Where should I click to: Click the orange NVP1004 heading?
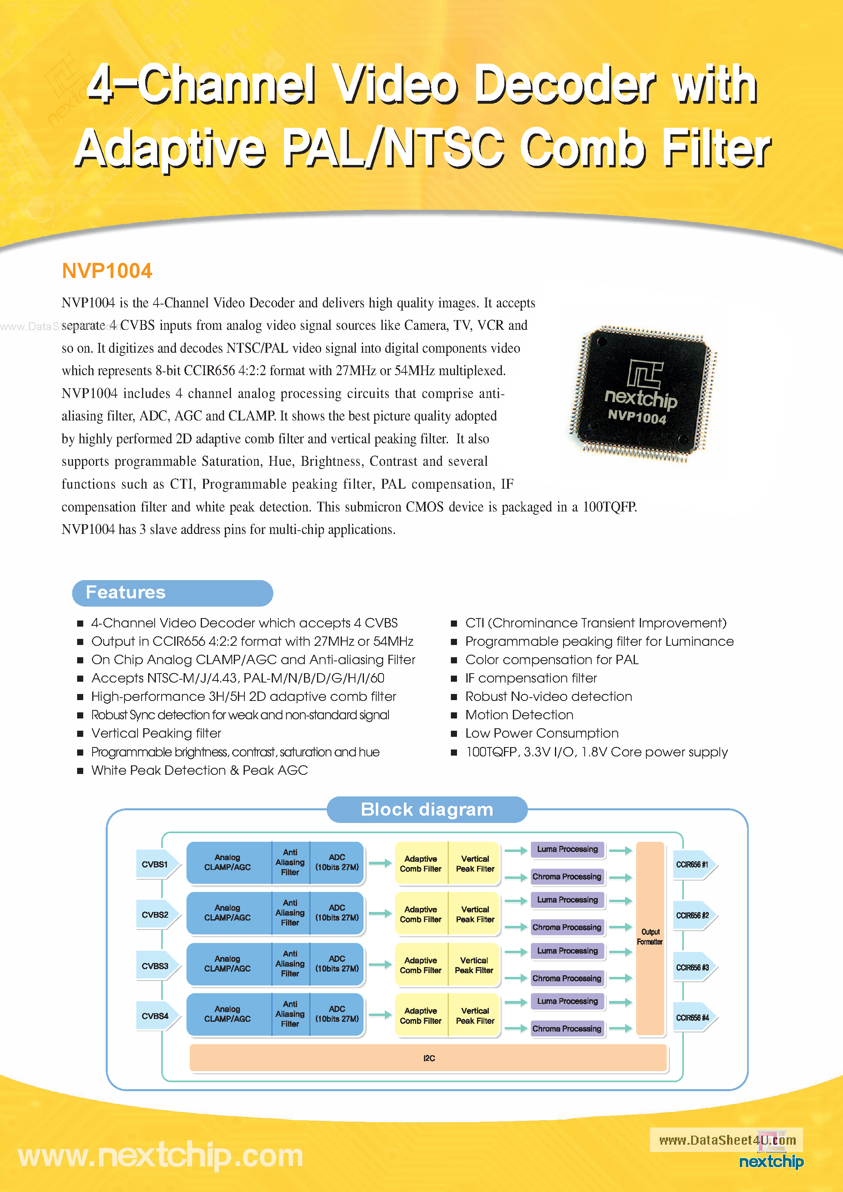(x=107, y=271)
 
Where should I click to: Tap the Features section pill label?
(x=126, y=592)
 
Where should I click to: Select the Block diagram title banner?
(x=427, y=809)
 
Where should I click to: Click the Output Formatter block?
(x=650, y=937)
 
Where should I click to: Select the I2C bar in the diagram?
(x=429, y=1058)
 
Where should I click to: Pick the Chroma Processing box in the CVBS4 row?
(x=567, y=1028)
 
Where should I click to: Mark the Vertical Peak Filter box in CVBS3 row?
(x=474, y=965)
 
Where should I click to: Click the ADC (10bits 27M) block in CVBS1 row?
(x=337, y=862)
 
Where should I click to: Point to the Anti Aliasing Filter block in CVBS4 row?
(x=290, y=1014)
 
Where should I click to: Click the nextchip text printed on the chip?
(x=641, y=398)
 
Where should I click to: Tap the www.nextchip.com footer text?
(x=160, y=1156)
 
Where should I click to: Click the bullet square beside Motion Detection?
(x=454, y=716)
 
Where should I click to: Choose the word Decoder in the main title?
(x=564, y=84)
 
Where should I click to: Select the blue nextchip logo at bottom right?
(x=771, y=1161)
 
